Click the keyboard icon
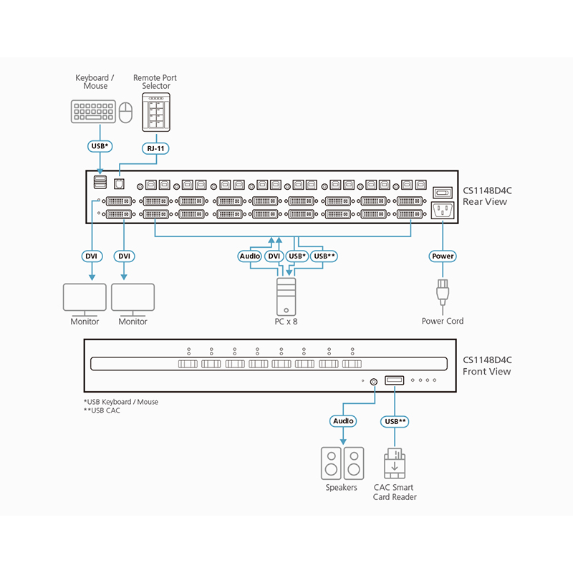pyautogui.click(x=92, y=112)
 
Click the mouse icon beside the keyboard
pyautogui.click(x=126, y=112)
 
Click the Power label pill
pyautogui.click(x=442, y=256)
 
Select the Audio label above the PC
pyautogui.click(x=251, y=256)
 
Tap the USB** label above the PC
pyautogui.click(x=324, y=256)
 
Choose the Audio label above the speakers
pyautogui.click(x=343, y=422)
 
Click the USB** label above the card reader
pyautogui.click(x=395, y=422)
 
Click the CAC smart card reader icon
pyautogui.click(x=395, y=464)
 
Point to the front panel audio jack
pyautogui.click(x=373, y=381)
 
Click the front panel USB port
pyautogui.click(x=395, y=380)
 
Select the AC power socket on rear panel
pyautogui.click(x=442, y=211)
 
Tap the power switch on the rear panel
pyautogui.click(x=442, y=192)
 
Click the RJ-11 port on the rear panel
pyautogui.click(x=120, y=184)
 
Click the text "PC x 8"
pyautogui.click(x=286, y=322)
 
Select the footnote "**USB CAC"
pyautogui.click(x=102, y=411)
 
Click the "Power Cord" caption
pyautogui.click(x=442, y=321)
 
